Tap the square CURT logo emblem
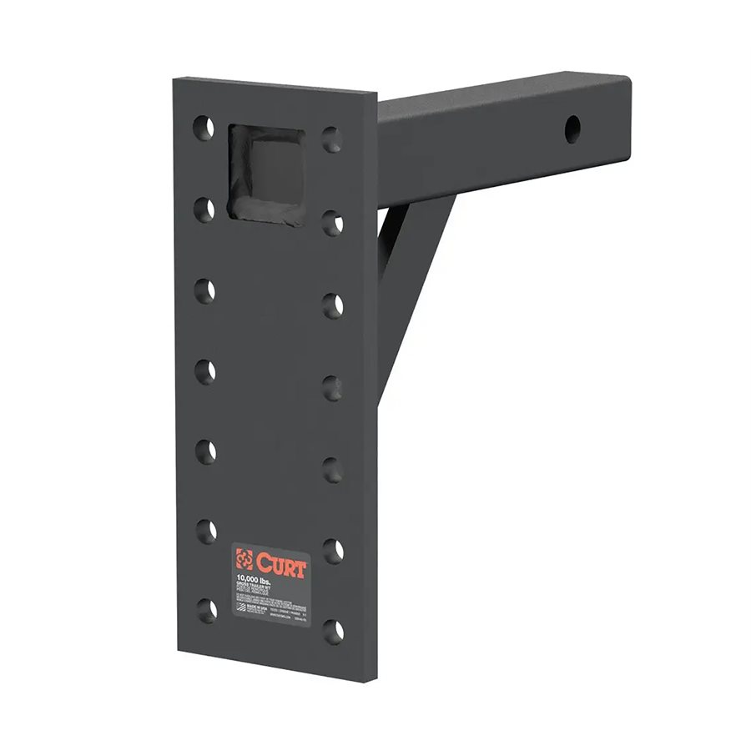pyautogui.click(x=244, y=558)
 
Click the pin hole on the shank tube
pyautogui.click(x=572, y=129)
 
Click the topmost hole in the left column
pyautogui.click(x=204, y=129)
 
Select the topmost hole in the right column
pyautogui.click(x=332, y=139)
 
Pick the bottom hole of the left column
pyautogui.click(x=206, y=609)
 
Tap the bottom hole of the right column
pyautogui.click(x=334, y=629)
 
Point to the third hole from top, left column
pyautogui.click(x=205, y=290)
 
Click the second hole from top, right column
pyautogui.click(x=332, y=223)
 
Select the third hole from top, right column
pyautogui.click(x=333, y=305)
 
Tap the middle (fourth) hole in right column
pyautogui.click(x=333, y=387)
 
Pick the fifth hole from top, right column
pyautogui.click(x=334, y=469)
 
